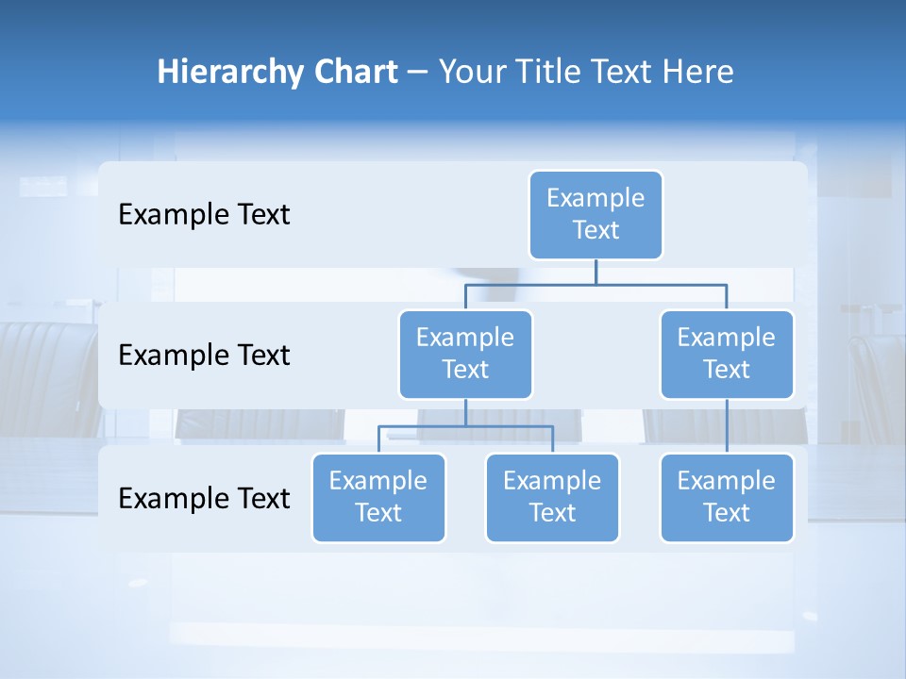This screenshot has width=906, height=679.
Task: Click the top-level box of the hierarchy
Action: pyautogui.click(x=596, y=215)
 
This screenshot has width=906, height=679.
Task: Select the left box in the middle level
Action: pyautogui.click(x=465, y=355)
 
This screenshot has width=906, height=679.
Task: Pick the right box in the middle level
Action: pyautogui.click(x=727, y=355)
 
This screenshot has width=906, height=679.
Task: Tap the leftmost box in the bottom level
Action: pyautogui.click(x=378, y=498)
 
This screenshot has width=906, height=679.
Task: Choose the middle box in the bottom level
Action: pyautogui.click(x=552, y=498)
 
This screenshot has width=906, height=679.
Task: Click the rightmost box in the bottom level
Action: pyautogui.click(x=727, y=498)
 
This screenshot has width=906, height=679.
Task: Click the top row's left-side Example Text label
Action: pyautogui.click(x=204, y=215)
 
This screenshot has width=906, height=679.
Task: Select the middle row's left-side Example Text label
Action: pyautogui.click(x=204, y=356)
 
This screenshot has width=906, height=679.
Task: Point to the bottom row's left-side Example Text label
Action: pyautogui.click(x=204, y=498)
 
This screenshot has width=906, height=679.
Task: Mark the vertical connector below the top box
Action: pyautogui.click(x=596, y=272)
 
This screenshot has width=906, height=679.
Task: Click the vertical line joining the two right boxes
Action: pyautogui.click(x=727, y=426)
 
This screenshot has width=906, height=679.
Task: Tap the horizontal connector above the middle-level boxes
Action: pyautogui.click(x=596, y=284)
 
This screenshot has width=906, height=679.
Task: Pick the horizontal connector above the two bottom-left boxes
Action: pyautogui.click(x=465, y=426)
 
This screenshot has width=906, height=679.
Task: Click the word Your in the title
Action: pyautogui.click(x=472, y=72)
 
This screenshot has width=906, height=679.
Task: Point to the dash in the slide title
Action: pyautogui.click(x=417, y=73)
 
